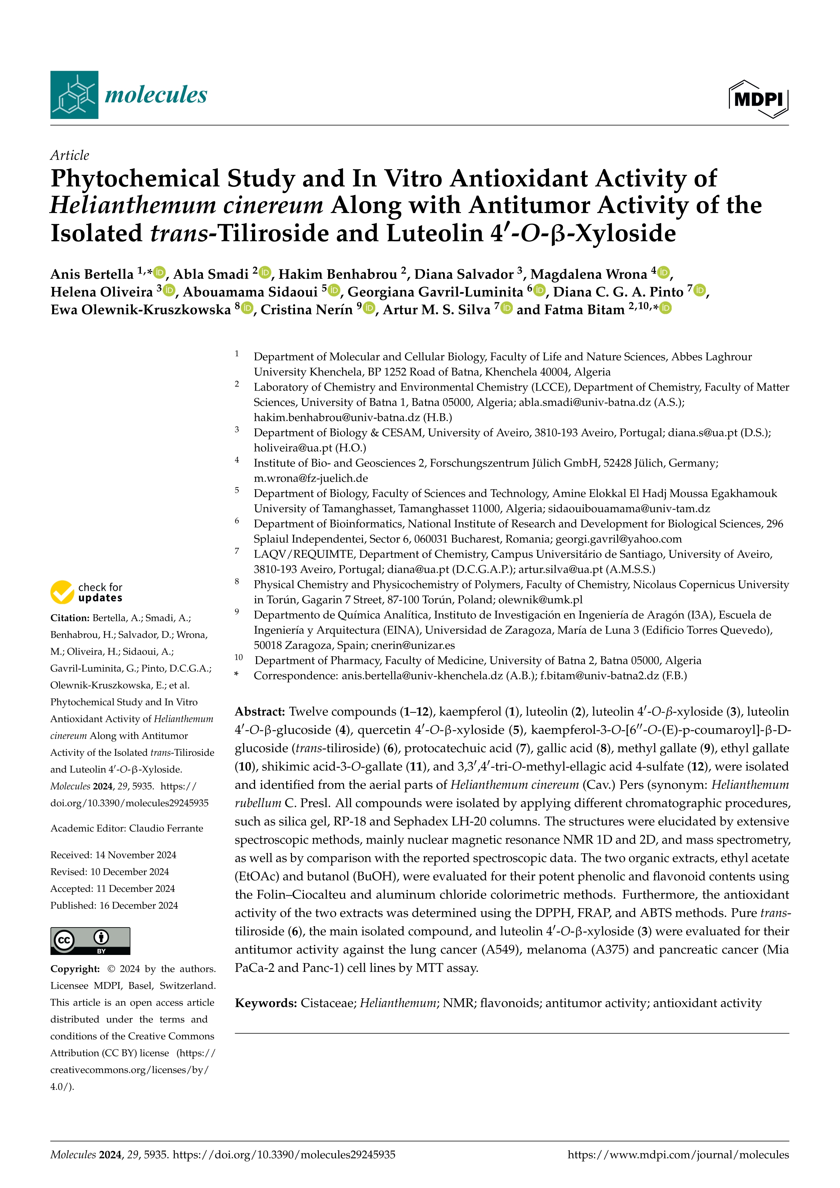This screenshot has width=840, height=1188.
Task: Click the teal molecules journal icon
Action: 74,95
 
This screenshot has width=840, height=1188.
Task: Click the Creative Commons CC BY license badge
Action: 90,941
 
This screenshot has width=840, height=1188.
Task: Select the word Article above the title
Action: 69,155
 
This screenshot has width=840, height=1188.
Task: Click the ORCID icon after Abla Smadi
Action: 265,272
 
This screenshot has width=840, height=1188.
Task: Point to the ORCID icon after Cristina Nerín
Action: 369,308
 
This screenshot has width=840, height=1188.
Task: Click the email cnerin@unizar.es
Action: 413,645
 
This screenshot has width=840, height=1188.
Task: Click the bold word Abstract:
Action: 260,711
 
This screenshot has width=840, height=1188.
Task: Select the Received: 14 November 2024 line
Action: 113,855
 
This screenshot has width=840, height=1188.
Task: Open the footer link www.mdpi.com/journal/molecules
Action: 678,1154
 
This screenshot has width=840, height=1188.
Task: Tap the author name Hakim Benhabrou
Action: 338,274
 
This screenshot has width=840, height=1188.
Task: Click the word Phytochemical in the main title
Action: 135,179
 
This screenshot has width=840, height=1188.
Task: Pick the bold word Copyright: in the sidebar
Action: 75,968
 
